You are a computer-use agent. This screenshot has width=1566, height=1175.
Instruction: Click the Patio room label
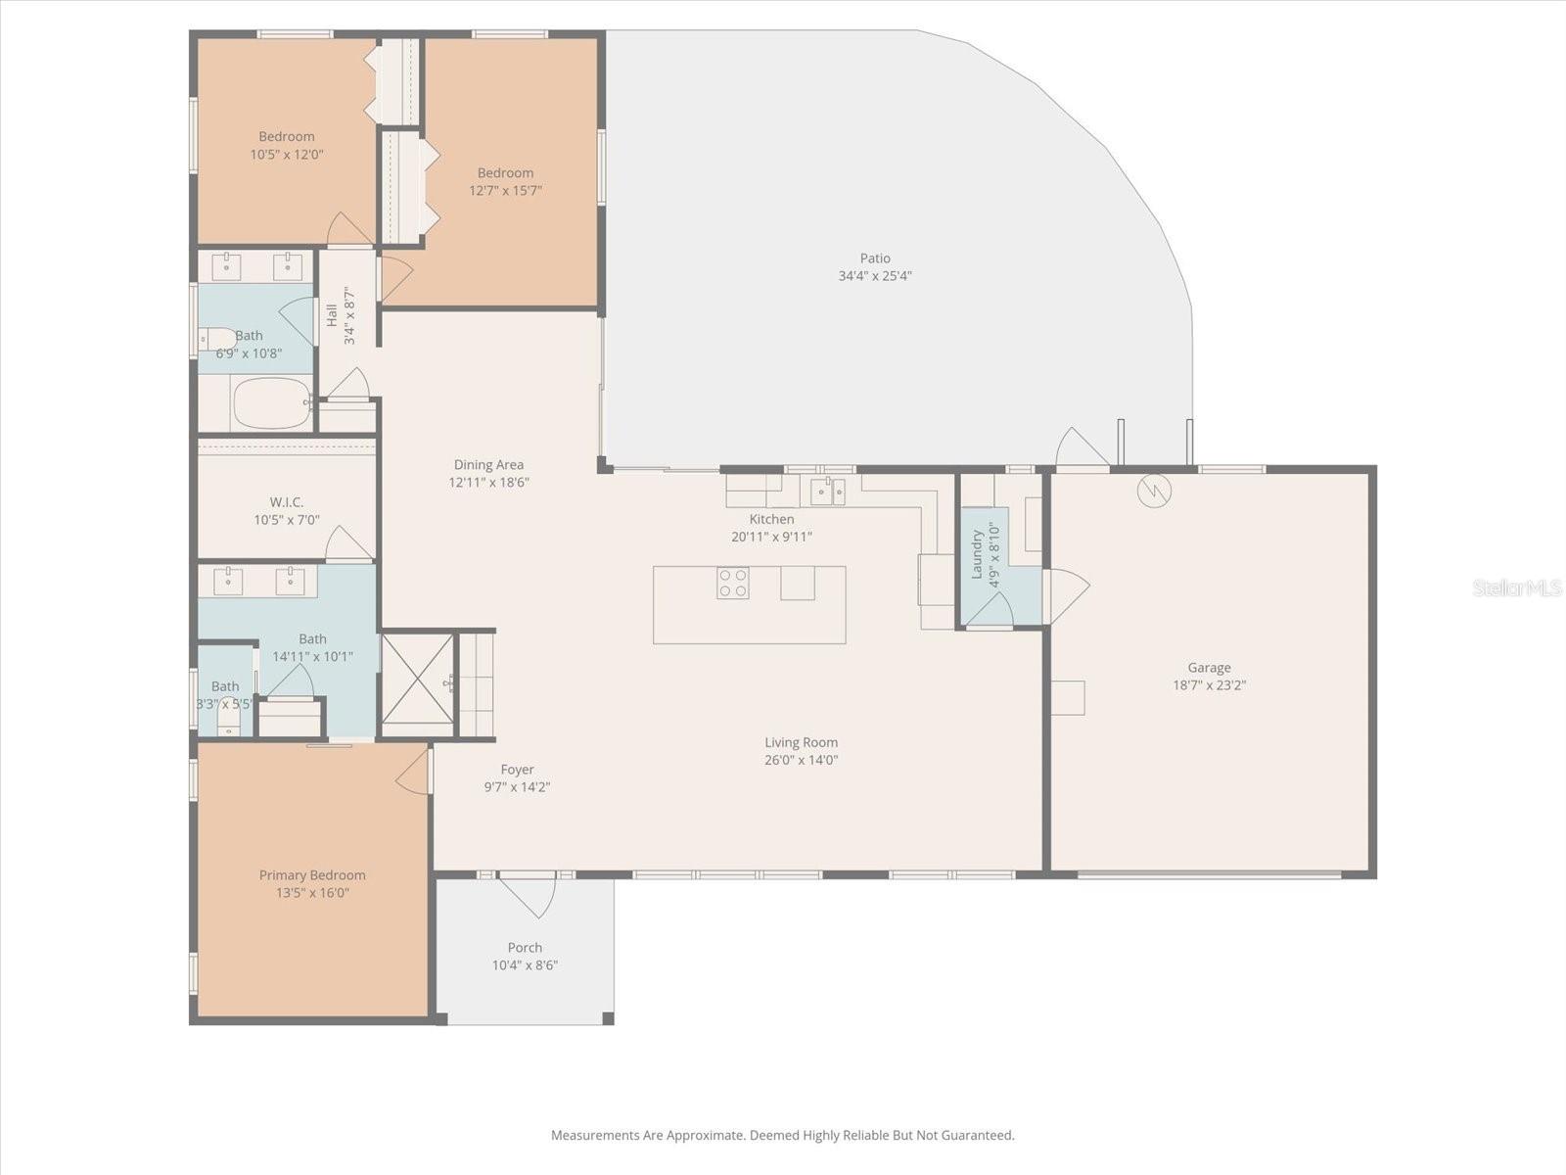tap(875, 258)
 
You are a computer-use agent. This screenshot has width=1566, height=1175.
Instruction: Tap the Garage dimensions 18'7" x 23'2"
tap(1209, 685)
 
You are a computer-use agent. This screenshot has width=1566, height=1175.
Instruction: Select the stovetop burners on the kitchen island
tap(733, 584)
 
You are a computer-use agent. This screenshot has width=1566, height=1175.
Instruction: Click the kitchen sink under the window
tap(828, 491)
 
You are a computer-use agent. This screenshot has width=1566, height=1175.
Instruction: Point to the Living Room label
tap(801, 742)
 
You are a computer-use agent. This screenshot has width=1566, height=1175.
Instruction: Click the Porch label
tap(525, 947)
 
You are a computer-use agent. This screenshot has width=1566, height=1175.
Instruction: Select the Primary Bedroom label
tap(312, 875)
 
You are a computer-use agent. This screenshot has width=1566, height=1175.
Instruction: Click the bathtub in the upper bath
tap(271, 403)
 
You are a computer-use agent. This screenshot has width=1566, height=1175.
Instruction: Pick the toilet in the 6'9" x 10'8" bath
tap(217, 339)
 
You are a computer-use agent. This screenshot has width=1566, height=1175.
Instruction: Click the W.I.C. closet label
tap(286, 502)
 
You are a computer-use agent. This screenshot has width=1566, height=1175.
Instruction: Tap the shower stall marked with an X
tap(418, 682)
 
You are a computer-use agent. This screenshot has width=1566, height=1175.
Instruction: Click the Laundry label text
tap(977, 554)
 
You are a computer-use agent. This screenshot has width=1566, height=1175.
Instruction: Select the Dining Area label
tap(488, 465)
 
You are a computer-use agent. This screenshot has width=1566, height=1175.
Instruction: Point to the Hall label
tap(332, 315)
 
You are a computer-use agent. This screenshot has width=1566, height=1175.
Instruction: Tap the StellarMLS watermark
tap(1516, 588)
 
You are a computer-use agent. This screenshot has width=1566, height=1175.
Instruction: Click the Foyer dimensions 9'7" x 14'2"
tap(517, 787)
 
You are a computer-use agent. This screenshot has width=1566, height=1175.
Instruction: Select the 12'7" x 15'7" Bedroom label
tap(505, 173)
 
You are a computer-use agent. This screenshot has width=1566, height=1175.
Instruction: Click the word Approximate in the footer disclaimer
tap(705, 1136)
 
